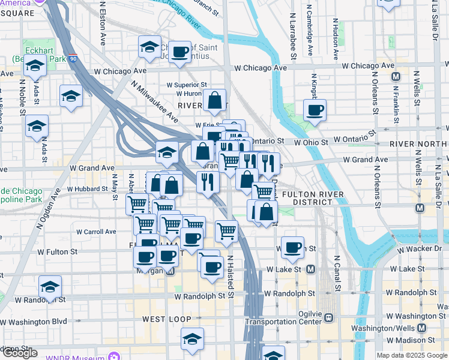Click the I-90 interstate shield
(73, 59)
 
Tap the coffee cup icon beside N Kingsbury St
(315, 111)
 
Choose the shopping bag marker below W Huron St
(214, 101)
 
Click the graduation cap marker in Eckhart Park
(35, 68)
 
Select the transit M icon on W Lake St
(310, 270)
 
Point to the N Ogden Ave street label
(49, 209)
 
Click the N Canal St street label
(338, 275)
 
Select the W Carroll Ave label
(96, 232)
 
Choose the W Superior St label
(187, 85)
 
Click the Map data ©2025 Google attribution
(412, 355)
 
